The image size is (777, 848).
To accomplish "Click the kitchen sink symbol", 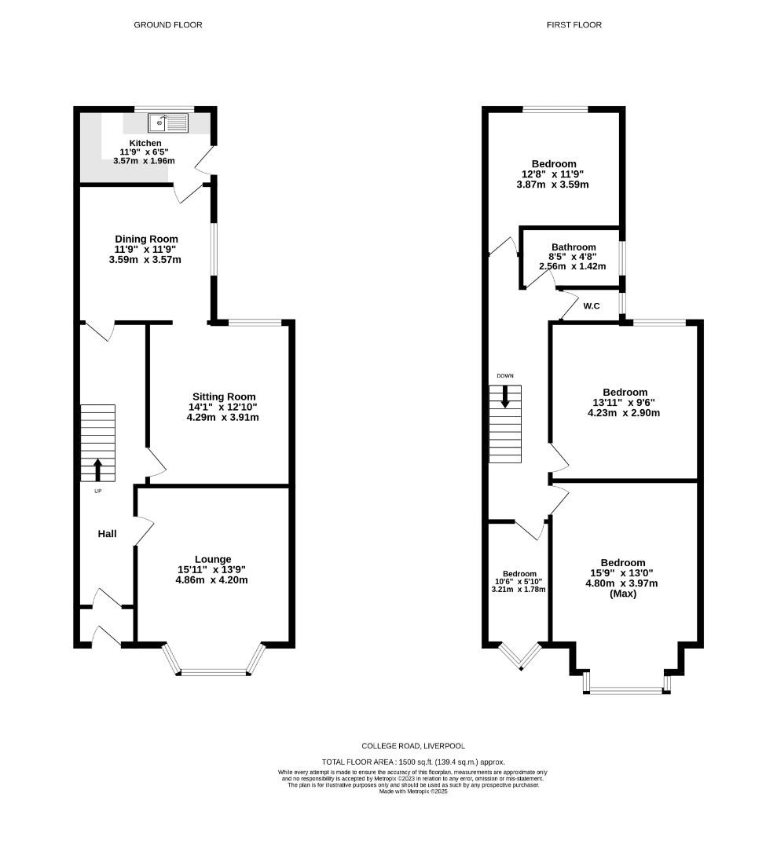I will click(x=168, y=122).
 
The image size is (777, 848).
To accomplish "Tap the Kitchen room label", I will click(x=145, y=143).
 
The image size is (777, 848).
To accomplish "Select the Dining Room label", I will click(x=146, y=239).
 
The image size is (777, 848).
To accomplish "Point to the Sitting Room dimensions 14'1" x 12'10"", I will click(x=222, y=407).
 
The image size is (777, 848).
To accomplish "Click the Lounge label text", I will click(x=213, y=559).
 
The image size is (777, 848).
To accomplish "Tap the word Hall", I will click(x=107, y=534).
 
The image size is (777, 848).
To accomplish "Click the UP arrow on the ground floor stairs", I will click(x=98, y=470).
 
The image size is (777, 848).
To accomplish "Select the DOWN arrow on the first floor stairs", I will click(x=504, y=396).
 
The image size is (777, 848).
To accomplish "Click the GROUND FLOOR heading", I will click(x=168, y=25).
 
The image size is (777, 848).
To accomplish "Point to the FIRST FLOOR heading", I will click(x=574, y=25).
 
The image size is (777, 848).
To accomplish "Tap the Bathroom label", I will click(x=573, y=247).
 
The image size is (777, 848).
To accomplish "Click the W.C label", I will click(x=592, y=305).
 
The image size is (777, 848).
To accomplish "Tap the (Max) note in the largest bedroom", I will click(x=623, y=594).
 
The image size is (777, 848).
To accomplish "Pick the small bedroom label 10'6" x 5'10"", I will click(x=519, y=574).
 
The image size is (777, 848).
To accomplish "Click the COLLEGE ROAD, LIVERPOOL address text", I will click(x=412, y=745).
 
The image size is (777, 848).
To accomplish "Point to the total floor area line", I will click(x=412, y=762).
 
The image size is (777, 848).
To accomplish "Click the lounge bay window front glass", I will click(x=213, y=671).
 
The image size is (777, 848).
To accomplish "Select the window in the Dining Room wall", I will click(x=213, y=247).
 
